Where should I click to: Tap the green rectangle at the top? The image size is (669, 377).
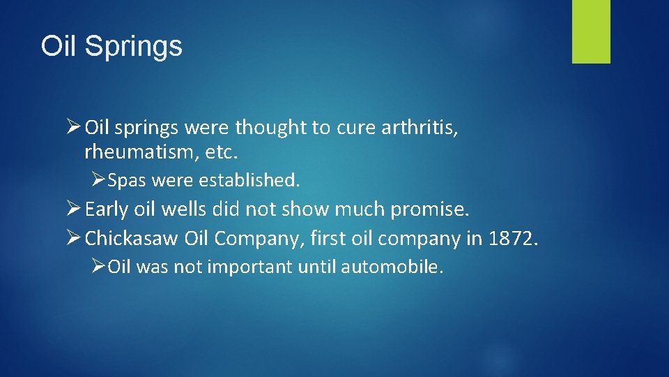[x=591, y=31]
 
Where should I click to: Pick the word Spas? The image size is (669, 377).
[x=128, y=182]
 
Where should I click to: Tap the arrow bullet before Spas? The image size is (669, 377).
[x=98, y=181]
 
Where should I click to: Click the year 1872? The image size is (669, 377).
[x=513, y=239]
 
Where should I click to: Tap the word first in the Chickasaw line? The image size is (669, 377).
[x=328, y=239]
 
